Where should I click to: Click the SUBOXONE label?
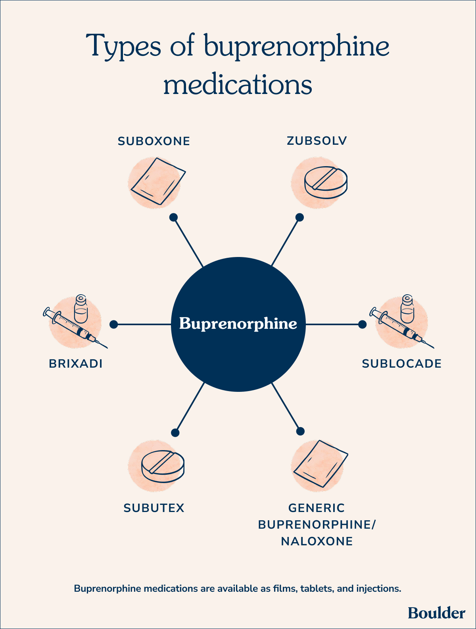click(x=154, y=141)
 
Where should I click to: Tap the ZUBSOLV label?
click(x=317, y=140)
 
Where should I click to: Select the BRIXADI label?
click(x=76, y=363)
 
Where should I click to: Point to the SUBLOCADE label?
click(x=401, y=363)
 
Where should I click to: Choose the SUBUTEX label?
click(x=154, y=508)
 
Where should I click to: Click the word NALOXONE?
click(x=317, y=541)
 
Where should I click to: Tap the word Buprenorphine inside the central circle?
click(x=238, y=324)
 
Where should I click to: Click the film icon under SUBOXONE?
click(x=158, y=181)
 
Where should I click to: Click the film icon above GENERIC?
click(x=321, y=463)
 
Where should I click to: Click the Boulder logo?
click(x=436, y=613)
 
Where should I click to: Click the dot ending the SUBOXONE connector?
click(x=173, y=217)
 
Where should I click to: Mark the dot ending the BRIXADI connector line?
click(x=113, y=324)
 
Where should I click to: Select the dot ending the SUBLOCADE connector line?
click(x=362, y=324)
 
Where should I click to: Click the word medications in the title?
click(x=238, y=85)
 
